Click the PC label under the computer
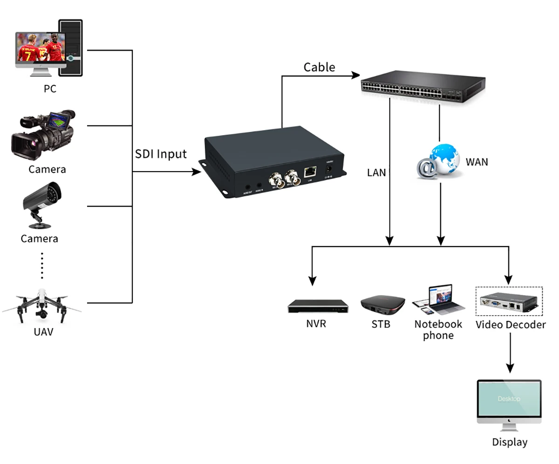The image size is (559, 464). (50, 88)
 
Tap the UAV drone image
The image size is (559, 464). (41, 305)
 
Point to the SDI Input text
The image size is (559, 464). (161, 154)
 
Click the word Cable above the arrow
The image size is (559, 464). (319, 67)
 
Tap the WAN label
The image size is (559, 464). (477, 162)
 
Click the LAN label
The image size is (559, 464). (376, 173)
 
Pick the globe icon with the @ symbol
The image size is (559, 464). (438, 161)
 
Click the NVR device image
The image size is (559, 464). (318, 305)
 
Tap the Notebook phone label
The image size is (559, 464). (438, 329)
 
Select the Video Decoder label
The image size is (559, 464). (511, 325)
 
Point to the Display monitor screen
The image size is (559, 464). (509, 399)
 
